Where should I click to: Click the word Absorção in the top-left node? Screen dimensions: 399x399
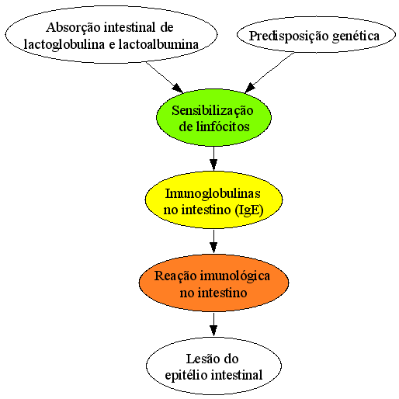pyautogui.click(x=73, y=28)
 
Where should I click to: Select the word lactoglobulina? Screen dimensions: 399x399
pyautogui.click(x=64, y=44)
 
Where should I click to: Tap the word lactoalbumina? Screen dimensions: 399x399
pyautogui.click(x=158, y=44)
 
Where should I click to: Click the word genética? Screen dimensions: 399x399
pyautogui.click(x=356, y=36)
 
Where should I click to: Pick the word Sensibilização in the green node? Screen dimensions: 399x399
pyautogui.click(x=213, y=111)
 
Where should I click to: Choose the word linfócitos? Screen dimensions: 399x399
pyautogui.click(x=222, y=127)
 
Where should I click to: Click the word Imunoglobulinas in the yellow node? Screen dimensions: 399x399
pyautogui.click(x=213, y=193)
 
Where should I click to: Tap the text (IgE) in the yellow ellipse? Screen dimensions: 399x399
pyautogui.click(x=249, y=210)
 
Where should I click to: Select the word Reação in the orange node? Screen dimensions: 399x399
pyautogui.click(x=175, y=276)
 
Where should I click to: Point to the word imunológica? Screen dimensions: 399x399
pyautogui.click(x=235, y=276)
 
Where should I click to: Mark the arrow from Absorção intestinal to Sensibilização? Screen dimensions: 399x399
pyautogui.click(x=165, y=77)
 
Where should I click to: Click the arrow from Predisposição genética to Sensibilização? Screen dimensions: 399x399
pyautogui.click(x=269, y=73)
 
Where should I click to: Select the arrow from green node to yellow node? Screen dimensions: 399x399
pyautogui.click(x=213, y=158)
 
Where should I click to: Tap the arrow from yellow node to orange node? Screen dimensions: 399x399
pyautogui.click(x=213, y=241)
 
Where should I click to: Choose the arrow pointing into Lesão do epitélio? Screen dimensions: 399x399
pyautogui.click(x=213, y=324)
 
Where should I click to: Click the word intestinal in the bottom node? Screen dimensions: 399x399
pyautogui.click(x=237, y=375)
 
